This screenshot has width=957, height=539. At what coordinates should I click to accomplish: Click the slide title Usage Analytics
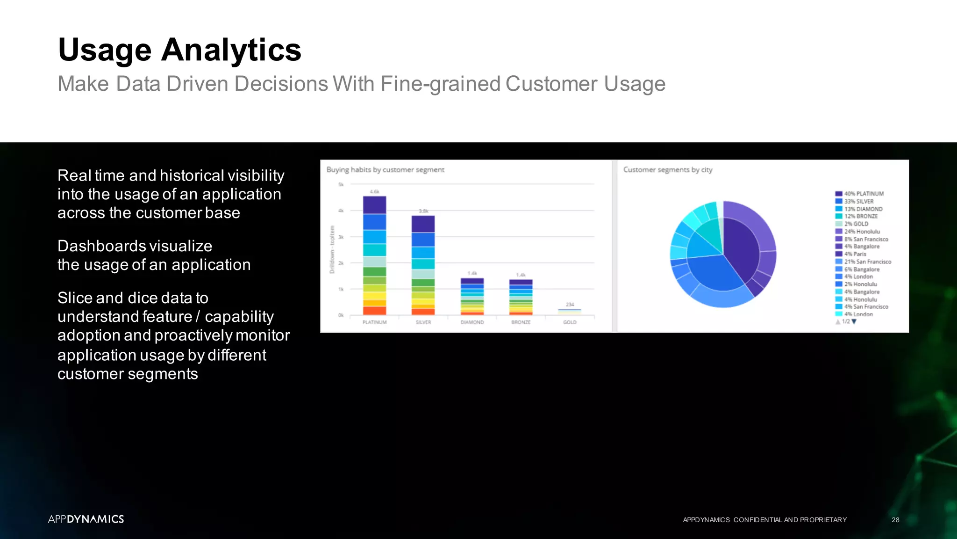coord(179,50)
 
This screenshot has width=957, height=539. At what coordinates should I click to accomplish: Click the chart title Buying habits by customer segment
coord(385,170)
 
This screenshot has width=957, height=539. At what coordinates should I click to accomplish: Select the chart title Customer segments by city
coord(667,170)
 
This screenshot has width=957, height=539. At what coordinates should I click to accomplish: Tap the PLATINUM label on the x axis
coord(374,322)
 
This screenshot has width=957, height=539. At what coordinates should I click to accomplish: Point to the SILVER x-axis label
coord(423,322)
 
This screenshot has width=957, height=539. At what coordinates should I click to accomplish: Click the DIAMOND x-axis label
coord(472,322)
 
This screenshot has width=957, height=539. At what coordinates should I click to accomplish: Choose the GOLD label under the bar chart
coord(570,322)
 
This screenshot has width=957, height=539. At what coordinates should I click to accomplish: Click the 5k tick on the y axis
coord(341,185)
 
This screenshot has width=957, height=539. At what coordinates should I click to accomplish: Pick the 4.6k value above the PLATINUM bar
coord(374,192)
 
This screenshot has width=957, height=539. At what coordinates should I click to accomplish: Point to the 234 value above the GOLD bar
coord(570,305)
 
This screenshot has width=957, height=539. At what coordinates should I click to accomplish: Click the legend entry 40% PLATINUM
coord(864,194)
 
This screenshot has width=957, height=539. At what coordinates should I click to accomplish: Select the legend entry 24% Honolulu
coord(862,232)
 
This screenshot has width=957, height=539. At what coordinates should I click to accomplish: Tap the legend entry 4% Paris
coord(855,254)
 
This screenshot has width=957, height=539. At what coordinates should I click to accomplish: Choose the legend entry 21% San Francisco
coord(867,262)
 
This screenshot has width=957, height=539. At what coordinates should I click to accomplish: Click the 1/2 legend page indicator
coord(846,322)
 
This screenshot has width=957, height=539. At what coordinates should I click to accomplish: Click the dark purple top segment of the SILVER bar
coord(423,224)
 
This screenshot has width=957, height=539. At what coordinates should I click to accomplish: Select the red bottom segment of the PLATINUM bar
coord(374,310)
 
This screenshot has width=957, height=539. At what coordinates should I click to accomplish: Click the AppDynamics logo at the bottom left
coord(86,519)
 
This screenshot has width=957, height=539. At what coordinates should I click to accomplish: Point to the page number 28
coord(895,520)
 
